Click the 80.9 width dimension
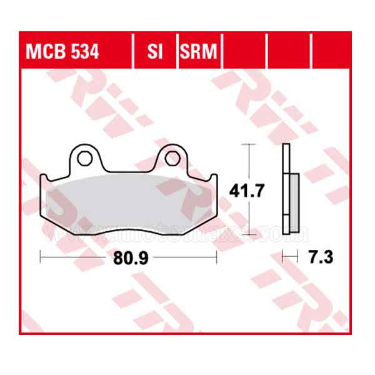(x=128, y=257)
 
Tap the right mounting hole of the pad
(x=173, y=157)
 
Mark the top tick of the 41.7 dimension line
(x=249, y=144)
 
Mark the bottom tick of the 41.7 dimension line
(x=249, y=230)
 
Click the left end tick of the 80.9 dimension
(x=40, y=256)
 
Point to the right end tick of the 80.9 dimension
(x=216, y=256)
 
